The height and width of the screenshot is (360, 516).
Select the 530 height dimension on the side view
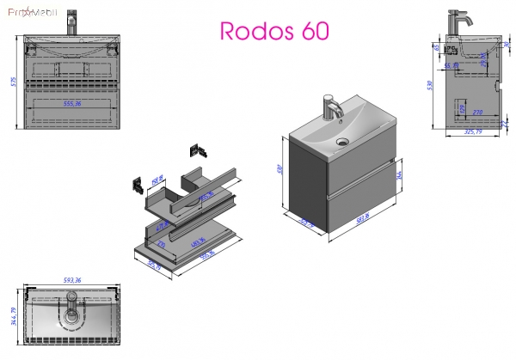427,86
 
